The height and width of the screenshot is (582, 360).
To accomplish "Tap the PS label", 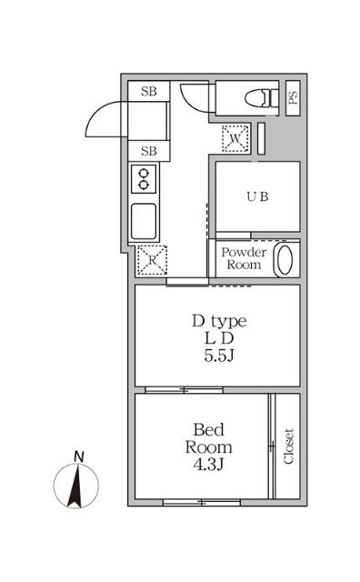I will pyautogui.click(x=293, y=97).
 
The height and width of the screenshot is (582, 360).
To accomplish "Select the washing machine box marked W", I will pyautogui.click(x=235, y=138).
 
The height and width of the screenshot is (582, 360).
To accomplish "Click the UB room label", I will pyautogui.click(x=255, y=196).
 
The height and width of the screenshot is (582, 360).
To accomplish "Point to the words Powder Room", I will pyautogui.click(x=244, y=258).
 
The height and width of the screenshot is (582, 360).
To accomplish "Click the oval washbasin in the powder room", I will pyautogui.click(x=285, y=259).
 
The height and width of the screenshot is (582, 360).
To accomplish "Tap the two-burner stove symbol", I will pyautogui.click(x=145, y=178).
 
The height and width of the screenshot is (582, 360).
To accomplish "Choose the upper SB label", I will pyautogui.click(x=149, y=92).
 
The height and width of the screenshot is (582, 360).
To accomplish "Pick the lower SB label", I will pyautogui.click(x=149, y=151).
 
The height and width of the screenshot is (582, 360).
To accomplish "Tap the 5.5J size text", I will pyautogui.click(x=218, y=355).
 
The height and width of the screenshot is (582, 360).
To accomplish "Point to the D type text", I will pyautogui.click(x=218, y=321).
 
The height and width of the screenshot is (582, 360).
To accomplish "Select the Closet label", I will pyautogui.click(x=288, y=446).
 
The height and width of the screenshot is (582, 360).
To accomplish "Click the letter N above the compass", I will pyautogui.click(x=79, y=456).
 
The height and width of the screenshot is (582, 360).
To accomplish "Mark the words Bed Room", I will pyautogui.click(x=210, y=437).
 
